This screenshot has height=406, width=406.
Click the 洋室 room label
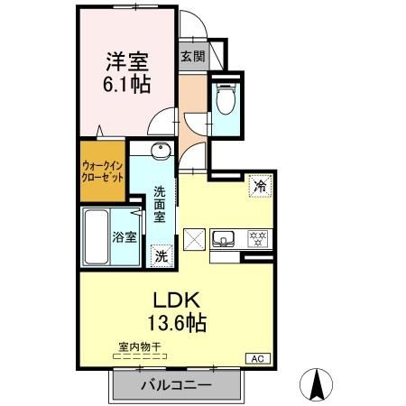coord(127,62)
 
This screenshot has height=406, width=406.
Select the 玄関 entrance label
coord(191,56)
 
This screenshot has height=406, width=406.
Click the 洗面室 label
coord(159,206)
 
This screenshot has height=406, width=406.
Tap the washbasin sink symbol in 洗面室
coord(159,151)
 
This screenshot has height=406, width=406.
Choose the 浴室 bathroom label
coord(125,238)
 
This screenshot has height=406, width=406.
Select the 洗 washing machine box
coord(160,255)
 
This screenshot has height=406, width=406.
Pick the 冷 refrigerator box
coord(260,187)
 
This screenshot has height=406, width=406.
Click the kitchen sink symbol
coord(224,239)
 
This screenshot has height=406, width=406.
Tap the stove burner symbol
coord(259,239)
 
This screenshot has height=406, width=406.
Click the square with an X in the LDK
coord(194,240)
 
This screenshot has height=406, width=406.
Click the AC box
coord(256,358)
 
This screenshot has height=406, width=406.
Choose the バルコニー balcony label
coord(176,385)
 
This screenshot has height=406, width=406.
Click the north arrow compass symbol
coord(318,386)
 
